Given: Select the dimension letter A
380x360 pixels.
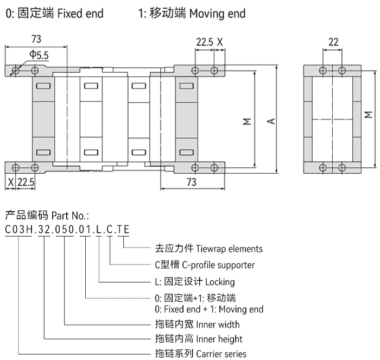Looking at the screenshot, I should point(270,121).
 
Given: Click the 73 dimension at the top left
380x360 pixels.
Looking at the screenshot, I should point(36,39).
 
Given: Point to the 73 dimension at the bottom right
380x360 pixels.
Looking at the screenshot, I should point(191,182).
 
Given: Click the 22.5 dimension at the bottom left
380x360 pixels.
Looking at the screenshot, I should point(26,182).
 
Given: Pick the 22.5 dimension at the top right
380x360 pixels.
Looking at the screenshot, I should point(204,42).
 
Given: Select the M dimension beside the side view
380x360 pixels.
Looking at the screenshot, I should point(369,115).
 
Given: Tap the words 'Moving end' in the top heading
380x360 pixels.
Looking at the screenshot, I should point(217,14).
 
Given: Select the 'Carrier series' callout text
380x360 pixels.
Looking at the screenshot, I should point(220,353).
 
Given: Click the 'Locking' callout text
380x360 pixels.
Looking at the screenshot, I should point(220,282).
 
